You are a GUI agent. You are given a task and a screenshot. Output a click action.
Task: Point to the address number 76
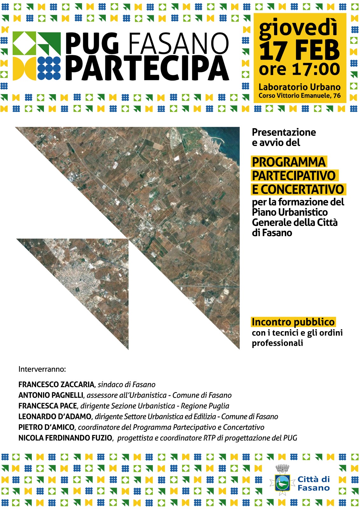point(337,95)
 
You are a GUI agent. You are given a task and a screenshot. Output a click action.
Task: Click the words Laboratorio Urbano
point(299,87)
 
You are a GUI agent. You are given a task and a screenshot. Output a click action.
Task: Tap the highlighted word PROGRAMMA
point(289,162)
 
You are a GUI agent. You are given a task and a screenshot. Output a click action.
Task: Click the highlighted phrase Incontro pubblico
point(293,322)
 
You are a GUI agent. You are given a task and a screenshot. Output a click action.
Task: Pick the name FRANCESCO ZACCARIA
point(56,385)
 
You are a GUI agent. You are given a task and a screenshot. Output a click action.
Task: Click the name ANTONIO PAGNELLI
point(51,395)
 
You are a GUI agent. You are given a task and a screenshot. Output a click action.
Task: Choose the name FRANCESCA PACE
point(48,406)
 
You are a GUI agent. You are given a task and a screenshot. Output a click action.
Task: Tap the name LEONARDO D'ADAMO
point(55,416)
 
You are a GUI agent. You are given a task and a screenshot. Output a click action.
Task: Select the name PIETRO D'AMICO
point(46,427)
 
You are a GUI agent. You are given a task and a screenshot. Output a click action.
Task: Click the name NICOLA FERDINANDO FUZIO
point(65,438)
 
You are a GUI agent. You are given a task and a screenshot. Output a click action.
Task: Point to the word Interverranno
point(42,369)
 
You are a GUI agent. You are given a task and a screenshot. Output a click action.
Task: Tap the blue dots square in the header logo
point(49,68)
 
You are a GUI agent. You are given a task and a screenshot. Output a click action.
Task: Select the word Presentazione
point(284,132)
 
